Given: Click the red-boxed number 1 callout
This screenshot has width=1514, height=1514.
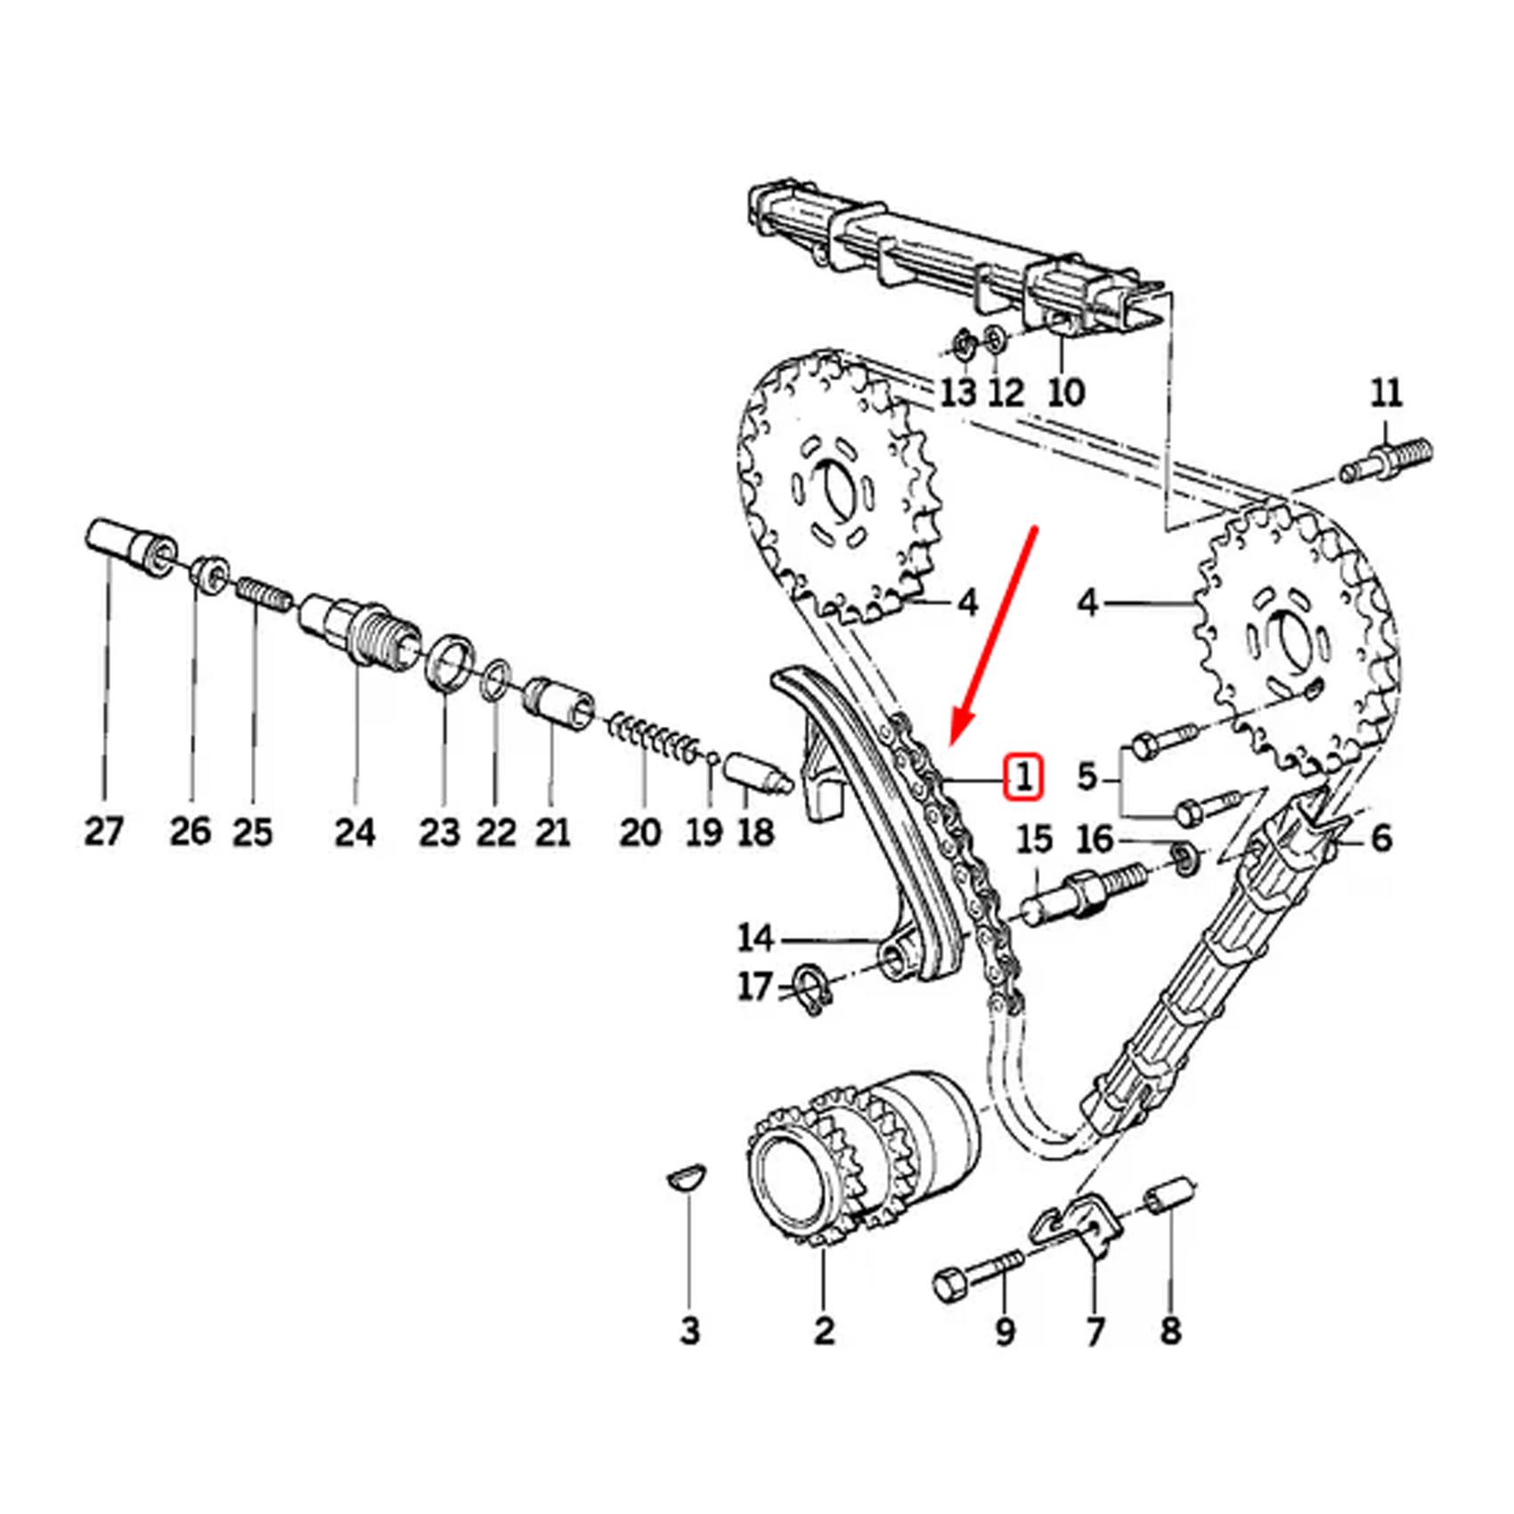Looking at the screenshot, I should (x=1024, y=777).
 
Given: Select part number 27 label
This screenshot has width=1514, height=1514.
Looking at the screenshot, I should (x=103, y=831).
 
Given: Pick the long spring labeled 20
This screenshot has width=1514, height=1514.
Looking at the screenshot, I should (x=655, y=739).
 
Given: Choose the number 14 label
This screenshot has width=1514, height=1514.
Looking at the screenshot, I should (x=755, y=938).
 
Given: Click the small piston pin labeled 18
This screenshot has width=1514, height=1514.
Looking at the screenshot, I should (x=757, y=772).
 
